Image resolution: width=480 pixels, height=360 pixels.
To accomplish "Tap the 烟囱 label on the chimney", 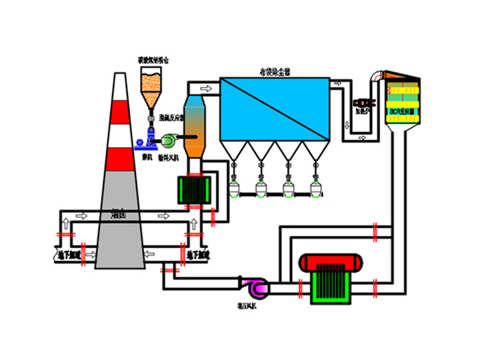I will [x=118, y=215].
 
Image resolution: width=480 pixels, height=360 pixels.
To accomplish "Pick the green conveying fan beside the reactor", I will [x=170, y=142].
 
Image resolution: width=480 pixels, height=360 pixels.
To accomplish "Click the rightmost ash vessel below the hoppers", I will [x=317, y=189].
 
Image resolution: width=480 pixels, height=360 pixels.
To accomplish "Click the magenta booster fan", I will [x=258, y=285].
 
